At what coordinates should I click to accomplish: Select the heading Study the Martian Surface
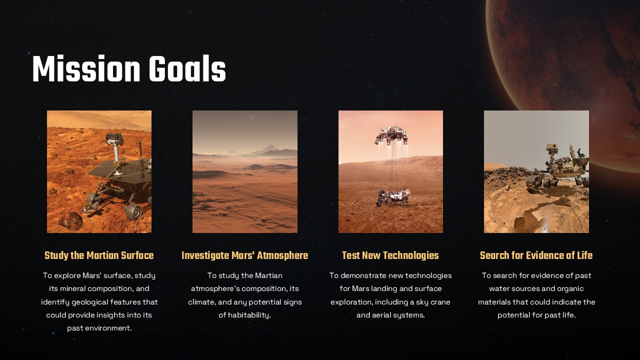coord(99,255)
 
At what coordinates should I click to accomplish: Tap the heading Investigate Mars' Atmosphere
coord(244,255)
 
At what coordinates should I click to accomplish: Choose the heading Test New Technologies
coord(390,255)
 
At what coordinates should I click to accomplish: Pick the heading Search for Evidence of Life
coord(536,255)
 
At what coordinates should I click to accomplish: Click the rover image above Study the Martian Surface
coord(99,171)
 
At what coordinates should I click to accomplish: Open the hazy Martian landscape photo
coord(244,171)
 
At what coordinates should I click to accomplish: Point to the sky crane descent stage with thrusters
coord(391,135)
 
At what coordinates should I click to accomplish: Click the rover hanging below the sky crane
coord(393,197)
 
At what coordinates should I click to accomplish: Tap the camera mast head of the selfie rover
coord(552,148)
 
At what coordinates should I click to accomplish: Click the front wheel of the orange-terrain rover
coord(133,211)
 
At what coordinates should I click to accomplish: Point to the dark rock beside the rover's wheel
coord(70,220)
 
